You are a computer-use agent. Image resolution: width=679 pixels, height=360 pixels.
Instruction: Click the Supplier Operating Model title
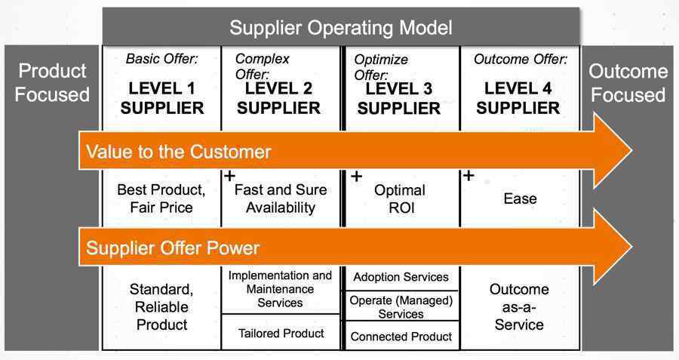coord(341,28)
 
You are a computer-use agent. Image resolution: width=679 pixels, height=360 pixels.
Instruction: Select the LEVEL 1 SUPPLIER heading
coord(162,98)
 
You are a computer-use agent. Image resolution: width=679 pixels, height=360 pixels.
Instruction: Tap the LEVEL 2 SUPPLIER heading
coord(278,98)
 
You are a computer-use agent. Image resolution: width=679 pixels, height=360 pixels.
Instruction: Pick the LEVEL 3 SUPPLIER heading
coord(399,99)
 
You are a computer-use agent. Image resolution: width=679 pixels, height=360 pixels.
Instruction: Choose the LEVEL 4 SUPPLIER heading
coord(518,98)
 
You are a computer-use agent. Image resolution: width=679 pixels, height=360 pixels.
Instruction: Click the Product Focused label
coord(52,83)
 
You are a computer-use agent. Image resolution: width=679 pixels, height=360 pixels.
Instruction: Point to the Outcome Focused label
coord(628,83)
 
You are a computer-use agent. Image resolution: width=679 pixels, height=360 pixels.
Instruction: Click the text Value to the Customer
coord(178,152)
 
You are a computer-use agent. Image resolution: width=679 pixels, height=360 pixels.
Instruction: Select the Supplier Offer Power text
coord(172,248)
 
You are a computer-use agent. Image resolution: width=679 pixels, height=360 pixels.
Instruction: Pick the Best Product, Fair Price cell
coord(161,198)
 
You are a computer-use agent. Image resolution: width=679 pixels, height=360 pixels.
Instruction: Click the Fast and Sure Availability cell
coord(281,198)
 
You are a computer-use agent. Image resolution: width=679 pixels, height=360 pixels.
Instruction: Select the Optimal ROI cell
coord(400,198)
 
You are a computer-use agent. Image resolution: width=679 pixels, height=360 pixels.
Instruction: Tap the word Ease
coord(520,198)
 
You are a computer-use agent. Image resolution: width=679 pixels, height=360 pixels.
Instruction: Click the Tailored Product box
coord(281,333)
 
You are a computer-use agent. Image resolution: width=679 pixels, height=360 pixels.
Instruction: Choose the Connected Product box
coord(401,336)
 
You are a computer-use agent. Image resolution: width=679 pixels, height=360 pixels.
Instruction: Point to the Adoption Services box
coord(401,277)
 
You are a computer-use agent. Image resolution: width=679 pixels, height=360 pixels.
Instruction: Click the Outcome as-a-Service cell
coord(519,306)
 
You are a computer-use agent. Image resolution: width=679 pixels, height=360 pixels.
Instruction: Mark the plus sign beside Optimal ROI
coord(356,177)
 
